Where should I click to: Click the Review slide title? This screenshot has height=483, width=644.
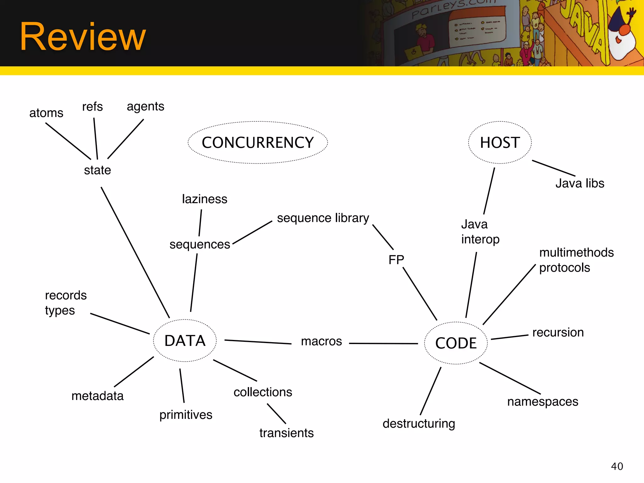83,37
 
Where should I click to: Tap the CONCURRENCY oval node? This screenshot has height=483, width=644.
258,142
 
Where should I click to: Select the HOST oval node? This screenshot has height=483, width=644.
500,142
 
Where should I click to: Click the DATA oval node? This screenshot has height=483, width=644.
185,341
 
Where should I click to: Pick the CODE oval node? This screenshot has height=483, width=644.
456,343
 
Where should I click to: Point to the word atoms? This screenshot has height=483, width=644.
46,113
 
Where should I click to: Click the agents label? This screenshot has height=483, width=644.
145,107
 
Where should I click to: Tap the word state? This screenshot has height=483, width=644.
97,170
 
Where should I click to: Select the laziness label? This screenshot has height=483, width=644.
204,199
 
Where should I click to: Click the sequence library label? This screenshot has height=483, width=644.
323,218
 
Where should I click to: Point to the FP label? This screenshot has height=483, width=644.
396,260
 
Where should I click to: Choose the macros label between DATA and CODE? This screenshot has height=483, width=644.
321,341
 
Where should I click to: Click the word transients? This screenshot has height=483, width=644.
286,433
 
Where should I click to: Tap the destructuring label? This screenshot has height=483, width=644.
419,424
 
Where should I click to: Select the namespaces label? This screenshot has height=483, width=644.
543,402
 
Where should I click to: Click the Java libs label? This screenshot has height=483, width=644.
580,183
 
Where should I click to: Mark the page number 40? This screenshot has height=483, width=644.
617,466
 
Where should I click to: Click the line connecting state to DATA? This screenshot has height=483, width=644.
135,253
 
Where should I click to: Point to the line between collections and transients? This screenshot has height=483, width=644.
276,414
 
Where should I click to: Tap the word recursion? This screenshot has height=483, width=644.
558,332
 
